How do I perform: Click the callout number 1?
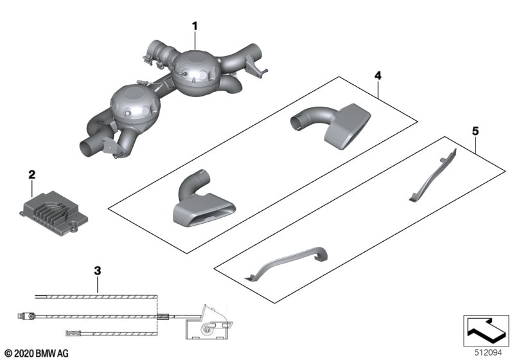195,26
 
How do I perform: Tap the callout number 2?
31,174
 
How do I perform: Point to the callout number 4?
378,76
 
